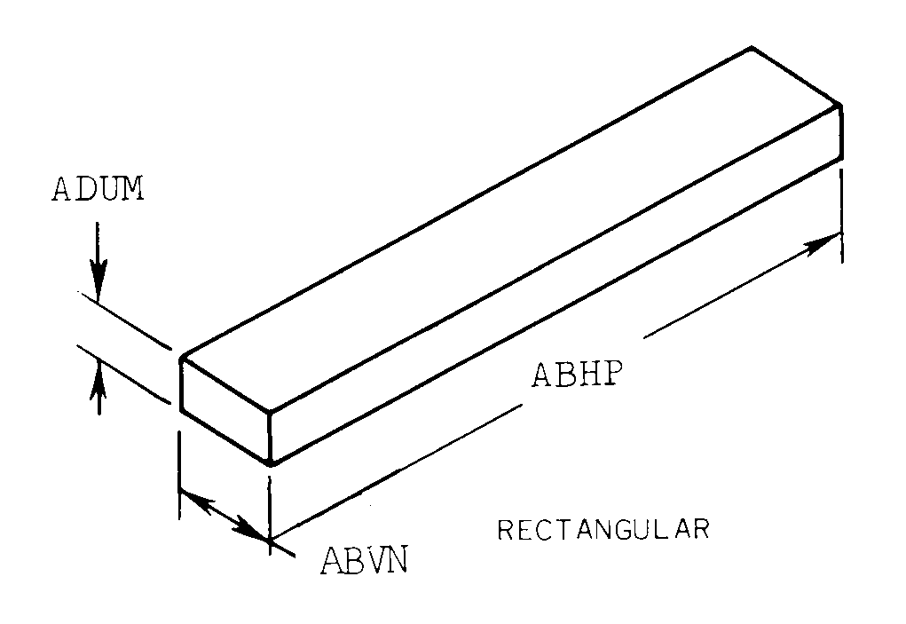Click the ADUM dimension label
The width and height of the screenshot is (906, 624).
tap(98, 191)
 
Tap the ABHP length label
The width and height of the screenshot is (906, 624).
tap(574, 375)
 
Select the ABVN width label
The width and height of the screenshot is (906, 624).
tap(365, 562)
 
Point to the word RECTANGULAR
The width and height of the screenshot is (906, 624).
tap(603, 530)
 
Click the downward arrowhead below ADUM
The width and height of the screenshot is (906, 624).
tap(99, 282)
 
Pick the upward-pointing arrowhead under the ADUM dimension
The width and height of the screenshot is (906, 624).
tap(99, 366)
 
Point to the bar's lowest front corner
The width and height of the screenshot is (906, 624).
tap(271, 462)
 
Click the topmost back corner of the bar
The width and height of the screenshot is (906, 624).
tap(752, 47)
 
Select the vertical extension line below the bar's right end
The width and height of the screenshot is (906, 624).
tap(839, 213)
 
